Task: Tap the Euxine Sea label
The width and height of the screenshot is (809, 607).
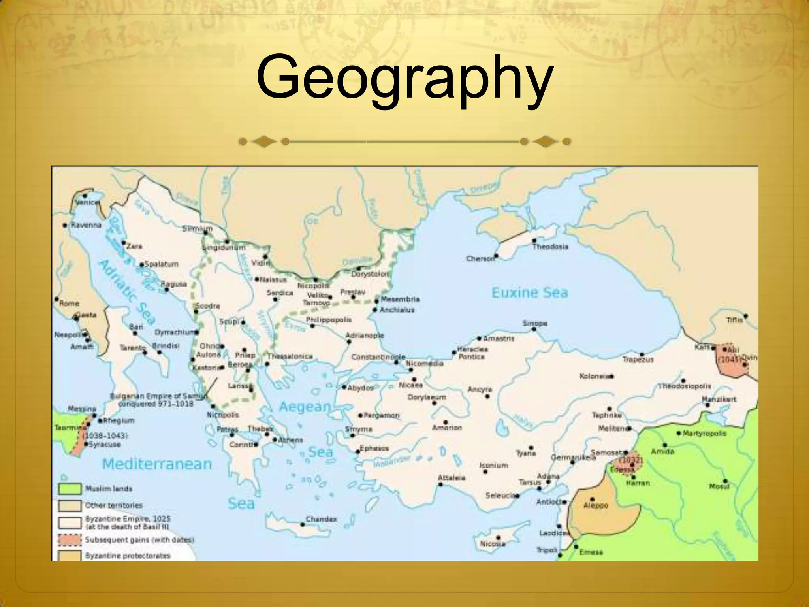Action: pos(529,293)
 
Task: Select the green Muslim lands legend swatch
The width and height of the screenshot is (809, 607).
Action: pos(70,489)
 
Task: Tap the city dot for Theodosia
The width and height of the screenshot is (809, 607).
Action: pos(534,240)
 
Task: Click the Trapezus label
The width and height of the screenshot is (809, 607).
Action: pos(638,360)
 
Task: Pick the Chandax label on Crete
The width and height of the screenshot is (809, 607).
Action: pos(321,519)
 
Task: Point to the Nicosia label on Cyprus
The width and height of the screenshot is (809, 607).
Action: pos(493,544)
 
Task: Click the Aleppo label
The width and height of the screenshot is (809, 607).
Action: pos(596,505)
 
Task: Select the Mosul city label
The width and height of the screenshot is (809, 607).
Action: pos(719,486)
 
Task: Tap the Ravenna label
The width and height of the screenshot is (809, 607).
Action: pos(86,225)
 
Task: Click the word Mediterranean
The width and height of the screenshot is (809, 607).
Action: pos(157,464)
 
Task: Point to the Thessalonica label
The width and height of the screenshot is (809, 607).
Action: pos(290,356)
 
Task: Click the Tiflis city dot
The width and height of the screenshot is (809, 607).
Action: pos(745,316)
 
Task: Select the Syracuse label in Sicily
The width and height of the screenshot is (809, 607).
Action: pos(105,444)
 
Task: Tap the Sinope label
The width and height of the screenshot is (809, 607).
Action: pos(535,323)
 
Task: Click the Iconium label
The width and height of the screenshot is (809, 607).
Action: pos(493,465)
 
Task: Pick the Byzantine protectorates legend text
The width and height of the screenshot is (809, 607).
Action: pos(128,556)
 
